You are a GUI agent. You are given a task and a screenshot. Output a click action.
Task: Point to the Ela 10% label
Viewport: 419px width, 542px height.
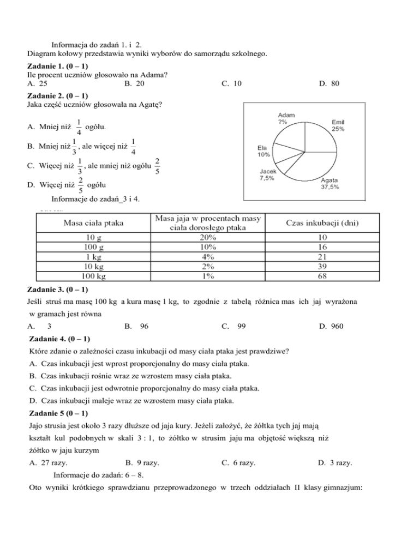point(264,150)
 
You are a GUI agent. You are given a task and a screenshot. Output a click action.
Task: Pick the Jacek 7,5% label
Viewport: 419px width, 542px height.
point(266,175)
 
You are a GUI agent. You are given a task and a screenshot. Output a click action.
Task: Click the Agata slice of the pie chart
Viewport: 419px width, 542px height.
point(314,166)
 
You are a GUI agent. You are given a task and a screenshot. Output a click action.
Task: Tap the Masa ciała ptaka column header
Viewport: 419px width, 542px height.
point(93,223)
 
